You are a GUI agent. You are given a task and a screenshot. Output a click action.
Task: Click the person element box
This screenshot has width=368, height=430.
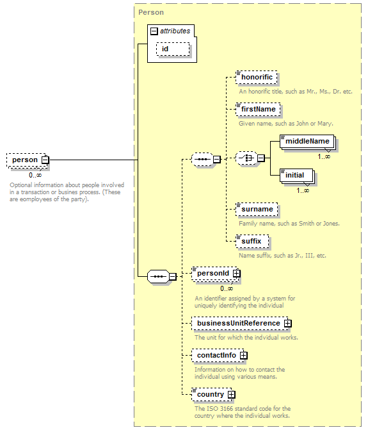tap(24, 160)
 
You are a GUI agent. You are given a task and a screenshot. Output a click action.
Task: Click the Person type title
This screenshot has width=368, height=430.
tap(151, 12)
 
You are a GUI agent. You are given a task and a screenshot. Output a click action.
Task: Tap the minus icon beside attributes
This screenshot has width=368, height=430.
tap(154, 31)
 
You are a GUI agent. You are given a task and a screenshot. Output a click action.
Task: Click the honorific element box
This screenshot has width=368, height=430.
tap(257, 78)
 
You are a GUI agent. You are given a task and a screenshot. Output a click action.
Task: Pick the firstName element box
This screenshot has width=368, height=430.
tap(258, 109)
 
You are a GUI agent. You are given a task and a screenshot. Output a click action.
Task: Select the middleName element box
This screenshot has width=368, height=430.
tap(307, 141)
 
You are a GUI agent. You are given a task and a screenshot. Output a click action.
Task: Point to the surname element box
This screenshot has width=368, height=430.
tap(257, 209)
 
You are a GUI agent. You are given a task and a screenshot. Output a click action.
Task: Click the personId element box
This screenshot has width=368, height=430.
tap(212, 274)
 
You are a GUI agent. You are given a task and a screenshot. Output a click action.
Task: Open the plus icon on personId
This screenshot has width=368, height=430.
tap(237, 274)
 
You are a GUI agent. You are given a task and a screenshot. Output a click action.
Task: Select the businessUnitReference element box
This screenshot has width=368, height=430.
tap(238, 323)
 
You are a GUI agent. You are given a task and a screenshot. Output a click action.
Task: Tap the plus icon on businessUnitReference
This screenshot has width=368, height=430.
tap(288, 323)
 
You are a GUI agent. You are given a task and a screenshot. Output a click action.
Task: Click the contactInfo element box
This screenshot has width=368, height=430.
tap(216, 355)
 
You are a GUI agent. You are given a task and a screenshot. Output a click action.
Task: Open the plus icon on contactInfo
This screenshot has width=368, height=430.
tap(244, 355)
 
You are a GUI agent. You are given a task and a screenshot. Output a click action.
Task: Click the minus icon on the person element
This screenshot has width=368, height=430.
tap(45, 160)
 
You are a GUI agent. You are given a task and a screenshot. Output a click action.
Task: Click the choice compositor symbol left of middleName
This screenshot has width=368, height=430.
tap(245, 159)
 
